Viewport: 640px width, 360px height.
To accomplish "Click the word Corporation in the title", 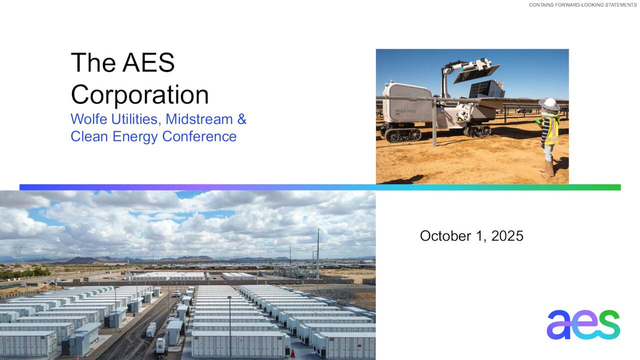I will point(139,94).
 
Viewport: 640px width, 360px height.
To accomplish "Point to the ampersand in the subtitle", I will point(241,119).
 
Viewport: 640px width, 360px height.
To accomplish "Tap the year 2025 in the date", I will point(507,236).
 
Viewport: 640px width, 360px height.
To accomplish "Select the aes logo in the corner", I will point(583,324).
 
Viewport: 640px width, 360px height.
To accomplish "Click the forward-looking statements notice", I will point(582,5).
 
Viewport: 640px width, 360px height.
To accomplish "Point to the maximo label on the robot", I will point(405,111).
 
